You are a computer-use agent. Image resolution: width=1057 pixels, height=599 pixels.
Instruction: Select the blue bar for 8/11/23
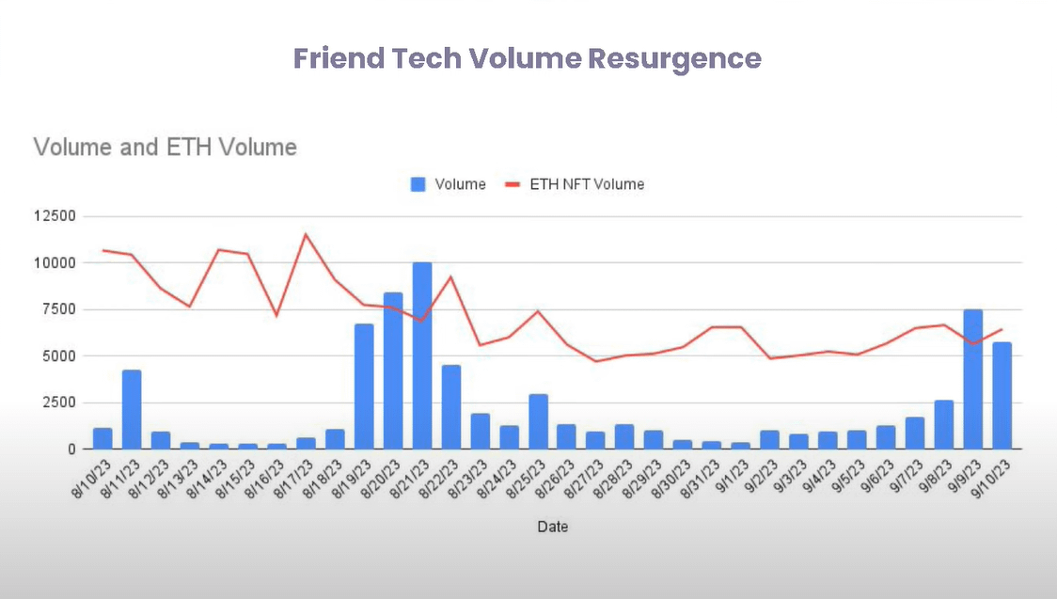[132, 410]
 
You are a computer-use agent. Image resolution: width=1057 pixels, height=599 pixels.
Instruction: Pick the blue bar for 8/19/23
[364, 386]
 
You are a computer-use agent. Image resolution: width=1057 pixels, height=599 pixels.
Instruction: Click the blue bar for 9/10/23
[1002, 396]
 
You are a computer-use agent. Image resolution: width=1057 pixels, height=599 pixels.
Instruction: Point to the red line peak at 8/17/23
[306, 234]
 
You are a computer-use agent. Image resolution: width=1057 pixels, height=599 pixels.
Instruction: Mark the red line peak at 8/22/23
[451, 276]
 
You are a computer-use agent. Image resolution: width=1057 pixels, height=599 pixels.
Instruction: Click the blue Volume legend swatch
[418, 184]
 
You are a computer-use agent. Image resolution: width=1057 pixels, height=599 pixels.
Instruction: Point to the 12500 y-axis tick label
[53, 216]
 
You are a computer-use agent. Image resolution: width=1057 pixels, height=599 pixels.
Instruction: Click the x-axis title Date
[552, 527]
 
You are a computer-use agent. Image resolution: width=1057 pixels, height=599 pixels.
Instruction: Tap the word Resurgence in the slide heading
[674, 58]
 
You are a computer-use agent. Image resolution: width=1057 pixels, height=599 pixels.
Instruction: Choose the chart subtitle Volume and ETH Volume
[166, 147]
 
